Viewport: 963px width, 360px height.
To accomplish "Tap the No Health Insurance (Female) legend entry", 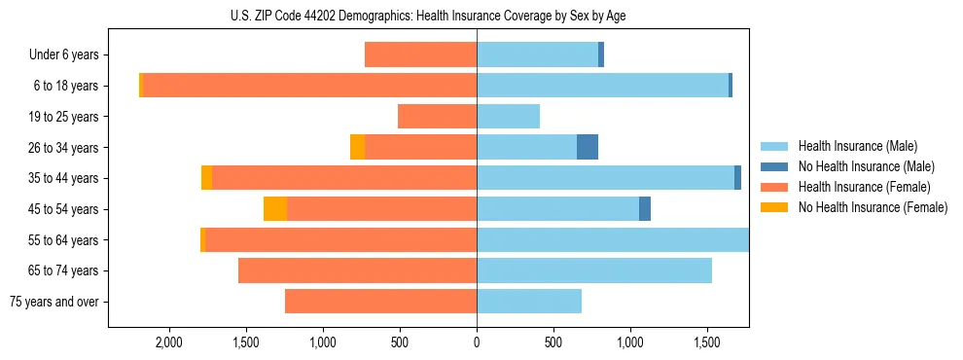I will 873,207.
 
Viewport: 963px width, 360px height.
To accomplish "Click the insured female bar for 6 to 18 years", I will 309,86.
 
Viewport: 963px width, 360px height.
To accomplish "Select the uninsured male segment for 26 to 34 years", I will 588,147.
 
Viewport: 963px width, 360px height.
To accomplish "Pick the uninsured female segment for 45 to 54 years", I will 275,209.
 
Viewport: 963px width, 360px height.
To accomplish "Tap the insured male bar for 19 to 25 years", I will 508,117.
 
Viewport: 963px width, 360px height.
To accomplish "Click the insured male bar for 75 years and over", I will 529,302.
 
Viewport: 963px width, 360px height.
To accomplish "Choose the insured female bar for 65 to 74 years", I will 357,270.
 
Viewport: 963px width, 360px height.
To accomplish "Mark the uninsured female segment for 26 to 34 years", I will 357,147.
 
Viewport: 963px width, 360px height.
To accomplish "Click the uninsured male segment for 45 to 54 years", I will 645,209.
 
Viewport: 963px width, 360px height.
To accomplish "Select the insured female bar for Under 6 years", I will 420,55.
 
